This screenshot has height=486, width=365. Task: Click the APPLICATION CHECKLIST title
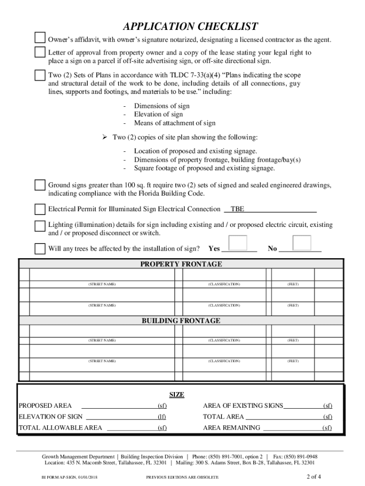pyautogui.click(x=190, y=26)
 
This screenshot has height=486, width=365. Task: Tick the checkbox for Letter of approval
pyautogui.click(x=40, y=52)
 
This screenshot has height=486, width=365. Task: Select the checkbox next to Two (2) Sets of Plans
pyautogui.click(x=40, y=75)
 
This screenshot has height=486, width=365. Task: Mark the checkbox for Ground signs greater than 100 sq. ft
pyautogui.click(x=40, y=185)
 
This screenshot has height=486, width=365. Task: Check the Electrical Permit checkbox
pyautogui.click(x=40, y=209)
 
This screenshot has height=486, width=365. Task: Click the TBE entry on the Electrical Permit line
pyautogui.click(x=237, y=209)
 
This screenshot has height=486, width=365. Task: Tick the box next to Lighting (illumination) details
pyautogui.click(x=40, y=225)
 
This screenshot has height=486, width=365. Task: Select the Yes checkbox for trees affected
pyautogui.click(x=238, y=243)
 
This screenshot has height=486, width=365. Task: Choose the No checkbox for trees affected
pyautogui.click(x=301, y=243)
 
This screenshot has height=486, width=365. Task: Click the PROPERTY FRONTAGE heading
pyautogui.click(x=181, y=264)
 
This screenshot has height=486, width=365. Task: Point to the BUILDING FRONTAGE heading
pyautogui.click(x=181, y=321)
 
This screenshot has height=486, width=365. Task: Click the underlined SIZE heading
pyautogui.click(x=177, y=395)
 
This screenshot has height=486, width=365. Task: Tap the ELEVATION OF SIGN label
pyautogui.click(x=50, y=417)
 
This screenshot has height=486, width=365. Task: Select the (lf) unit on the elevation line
pyautogui.click(x=162, y=417)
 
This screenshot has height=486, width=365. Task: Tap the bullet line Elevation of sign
pyautogui.click(x=158, y=114)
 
